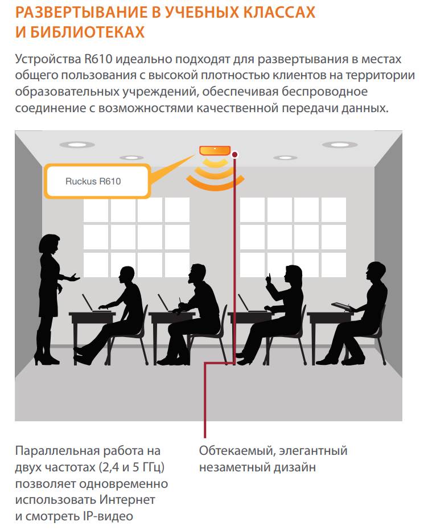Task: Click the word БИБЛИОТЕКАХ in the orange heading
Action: (88, 32)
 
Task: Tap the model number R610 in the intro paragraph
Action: (98, 59)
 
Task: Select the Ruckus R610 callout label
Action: (97, 181)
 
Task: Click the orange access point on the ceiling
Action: (215, 150)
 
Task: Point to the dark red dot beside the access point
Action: (235, 155)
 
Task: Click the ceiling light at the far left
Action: (77, 145)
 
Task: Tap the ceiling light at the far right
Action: (340, 145)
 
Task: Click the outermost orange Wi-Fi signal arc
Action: (215, 185)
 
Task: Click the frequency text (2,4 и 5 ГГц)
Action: (132, 467)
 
